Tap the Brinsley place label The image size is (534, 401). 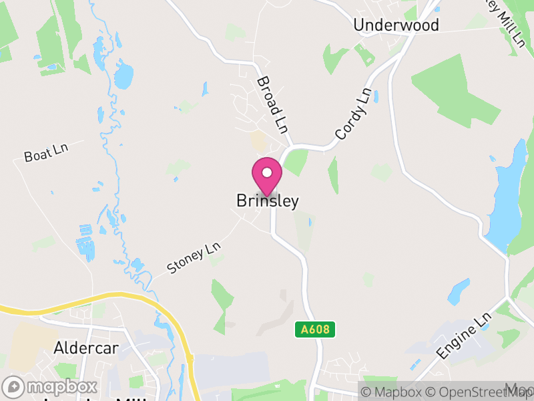pos(267,201)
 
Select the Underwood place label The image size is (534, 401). pos(396,25)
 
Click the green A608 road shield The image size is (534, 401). pos(314,329)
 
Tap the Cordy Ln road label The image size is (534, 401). pos(352,114)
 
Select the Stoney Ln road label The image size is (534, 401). pos(194,258)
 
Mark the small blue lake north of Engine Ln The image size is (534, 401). pos(459,291)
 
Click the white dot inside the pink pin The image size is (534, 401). pos(267,172)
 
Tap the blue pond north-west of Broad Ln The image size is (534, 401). pos(123,75)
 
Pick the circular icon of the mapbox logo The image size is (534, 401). pos(14,386)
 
